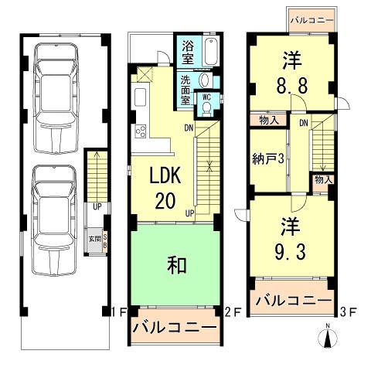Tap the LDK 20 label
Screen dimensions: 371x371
165,188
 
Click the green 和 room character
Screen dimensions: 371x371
175,265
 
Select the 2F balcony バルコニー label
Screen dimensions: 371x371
174,328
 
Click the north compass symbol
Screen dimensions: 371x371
328,337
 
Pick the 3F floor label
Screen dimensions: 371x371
349,312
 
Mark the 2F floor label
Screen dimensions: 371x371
230,312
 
